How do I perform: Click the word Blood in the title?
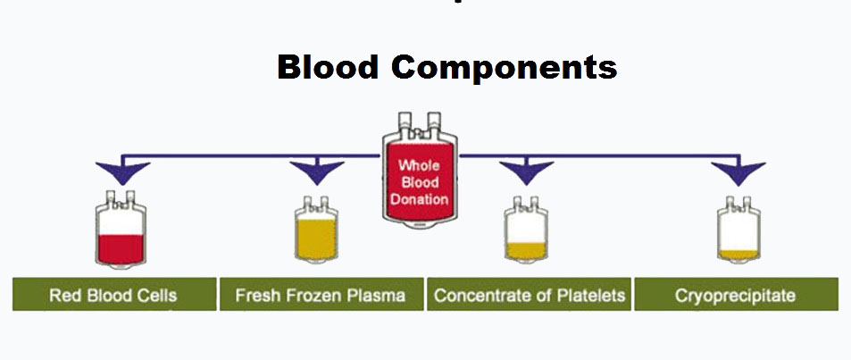click(327, 68)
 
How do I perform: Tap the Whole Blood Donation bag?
click(420, 171)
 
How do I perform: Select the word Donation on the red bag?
click(420, 199)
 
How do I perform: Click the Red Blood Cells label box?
click(114, 294)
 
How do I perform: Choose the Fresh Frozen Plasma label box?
click(321, 294)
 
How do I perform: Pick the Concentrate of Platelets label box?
click(530, 294)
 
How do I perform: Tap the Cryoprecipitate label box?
click(736, 294)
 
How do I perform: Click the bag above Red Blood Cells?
click(121, 230)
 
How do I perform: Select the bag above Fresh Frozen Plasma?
click(316, 230)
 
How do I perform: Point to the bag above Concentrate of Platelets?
click(526, 230)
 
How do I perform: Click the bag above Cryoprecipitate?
click(738, 230)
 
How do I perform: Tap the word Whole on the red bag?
click(419, 165)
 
